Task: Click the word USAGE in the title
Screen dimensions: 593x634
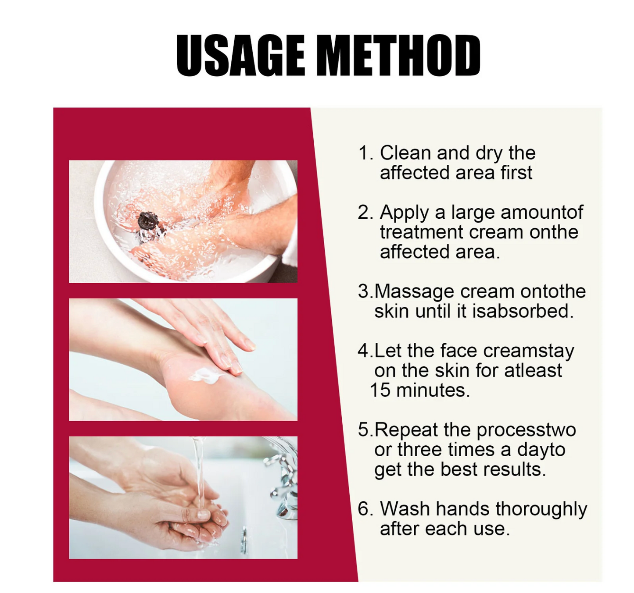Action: pos(240,56)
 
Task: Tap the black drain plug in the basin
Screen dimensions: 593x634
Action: pos(148,221)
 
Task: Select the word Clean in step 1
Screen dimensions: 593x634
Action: pos(405,153)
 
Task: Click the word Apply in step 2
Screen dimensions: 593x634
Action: pos(404,213)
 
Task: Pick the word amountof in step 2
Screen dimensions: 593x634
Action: pos(542,212)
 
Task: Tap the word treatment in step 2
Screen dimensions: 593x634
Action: pos(421,232)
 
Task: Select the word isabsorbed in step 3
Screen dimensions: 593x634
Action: pos(523,311)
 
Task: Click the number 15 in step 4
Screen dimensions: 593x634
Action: pos(380,390)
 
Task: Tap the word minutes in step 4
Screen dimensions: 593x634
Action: pos(433,390)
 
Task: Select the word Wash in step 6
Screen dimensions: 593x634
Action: pos(405,509)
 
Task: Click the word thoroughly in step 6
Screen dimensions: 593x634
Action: pos(541,509)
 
